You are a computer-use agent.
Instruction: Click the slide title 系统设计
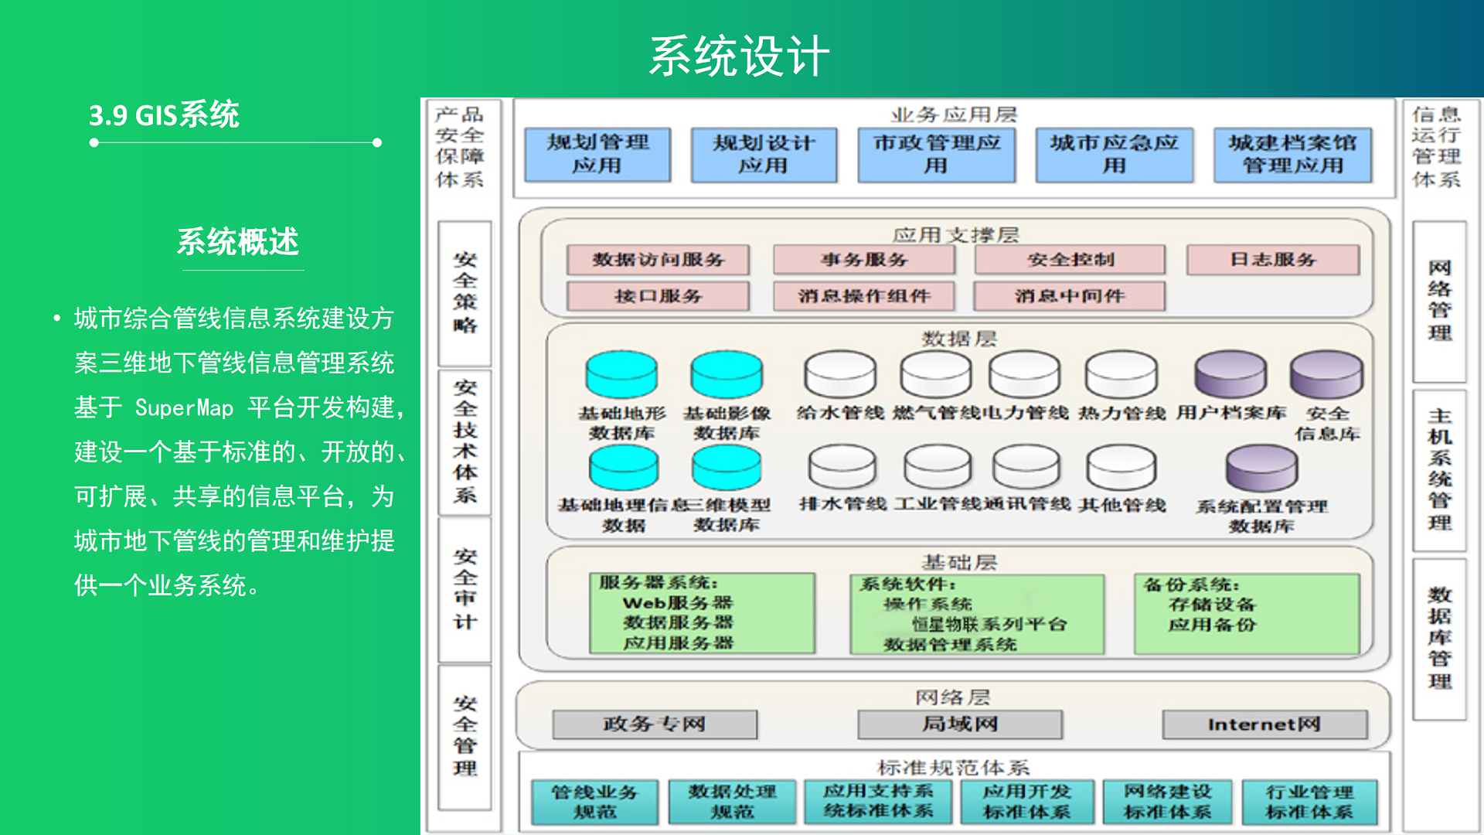(739, 56)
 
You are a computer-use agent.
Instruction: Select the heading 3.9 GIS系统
(164, 115)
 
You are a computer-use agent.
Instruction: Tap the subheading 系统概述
(238, 242)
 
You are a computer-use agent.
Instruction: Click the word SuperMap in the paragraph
(184, 407)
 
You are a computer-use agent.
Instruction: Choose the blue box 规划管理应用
(597, 155)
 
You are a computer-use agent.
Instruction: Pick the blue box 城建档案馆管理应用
(1292, 155)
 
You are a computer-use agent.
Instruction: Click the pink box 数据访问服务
(658, 260)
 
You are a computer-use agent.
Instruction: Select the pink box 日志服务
(1272, 260)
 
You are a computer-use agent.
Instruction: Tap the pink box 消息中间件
(1069, 296)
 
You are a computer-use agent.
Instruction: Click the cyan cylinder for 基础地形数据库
(621, 375)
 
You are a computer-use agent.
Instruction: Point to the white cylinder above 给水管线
(840, 375)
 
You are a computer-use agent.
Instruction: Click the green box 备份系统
(1247, 614)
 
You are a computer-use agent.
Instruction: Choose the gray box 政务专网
(655, 724)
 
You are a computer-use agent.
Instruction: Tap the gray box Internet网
(1264, 724)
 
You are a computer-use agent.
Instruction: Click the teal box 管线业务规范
(594, 802)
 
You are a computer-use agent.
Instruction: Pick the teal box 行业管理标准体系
(1309, 802)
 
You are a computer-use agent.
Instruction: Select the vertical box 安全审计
(465, 589)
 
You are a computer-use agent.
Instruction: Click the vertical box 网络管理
(1439, 302)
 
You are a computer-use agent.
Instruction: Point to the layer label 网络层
(952, 697)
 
